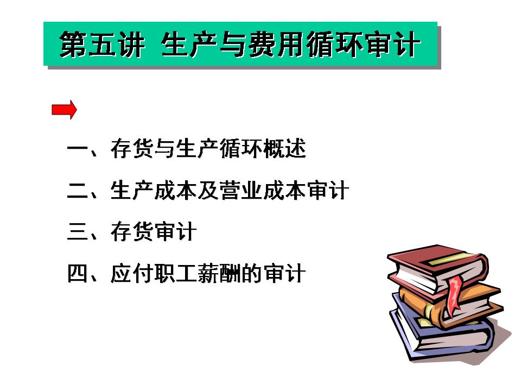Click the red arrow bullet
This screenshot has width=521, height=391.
coord(64,109)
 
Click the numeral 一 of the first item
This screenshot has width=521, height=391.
coord(78,148)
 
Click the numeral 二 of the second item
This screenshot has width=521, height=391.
coord(78,191)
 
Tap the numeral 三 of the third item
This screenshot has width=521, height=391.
coord(78,232)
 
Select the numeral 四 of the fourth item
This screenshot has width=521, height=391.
coord(78,274)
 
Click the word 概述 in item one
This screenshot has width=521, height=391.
coord(284,149)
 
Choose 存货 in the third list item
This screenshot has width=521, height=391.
coord(132,232)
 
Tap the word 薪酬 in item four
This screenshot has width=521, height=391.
coord(219,274)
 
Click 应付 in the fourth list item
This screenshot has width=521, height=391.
coord(132,274)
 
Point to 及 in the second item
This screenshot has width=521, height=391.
coord(208,191)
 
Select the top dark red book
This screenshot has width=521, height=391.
coord(438,269)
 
